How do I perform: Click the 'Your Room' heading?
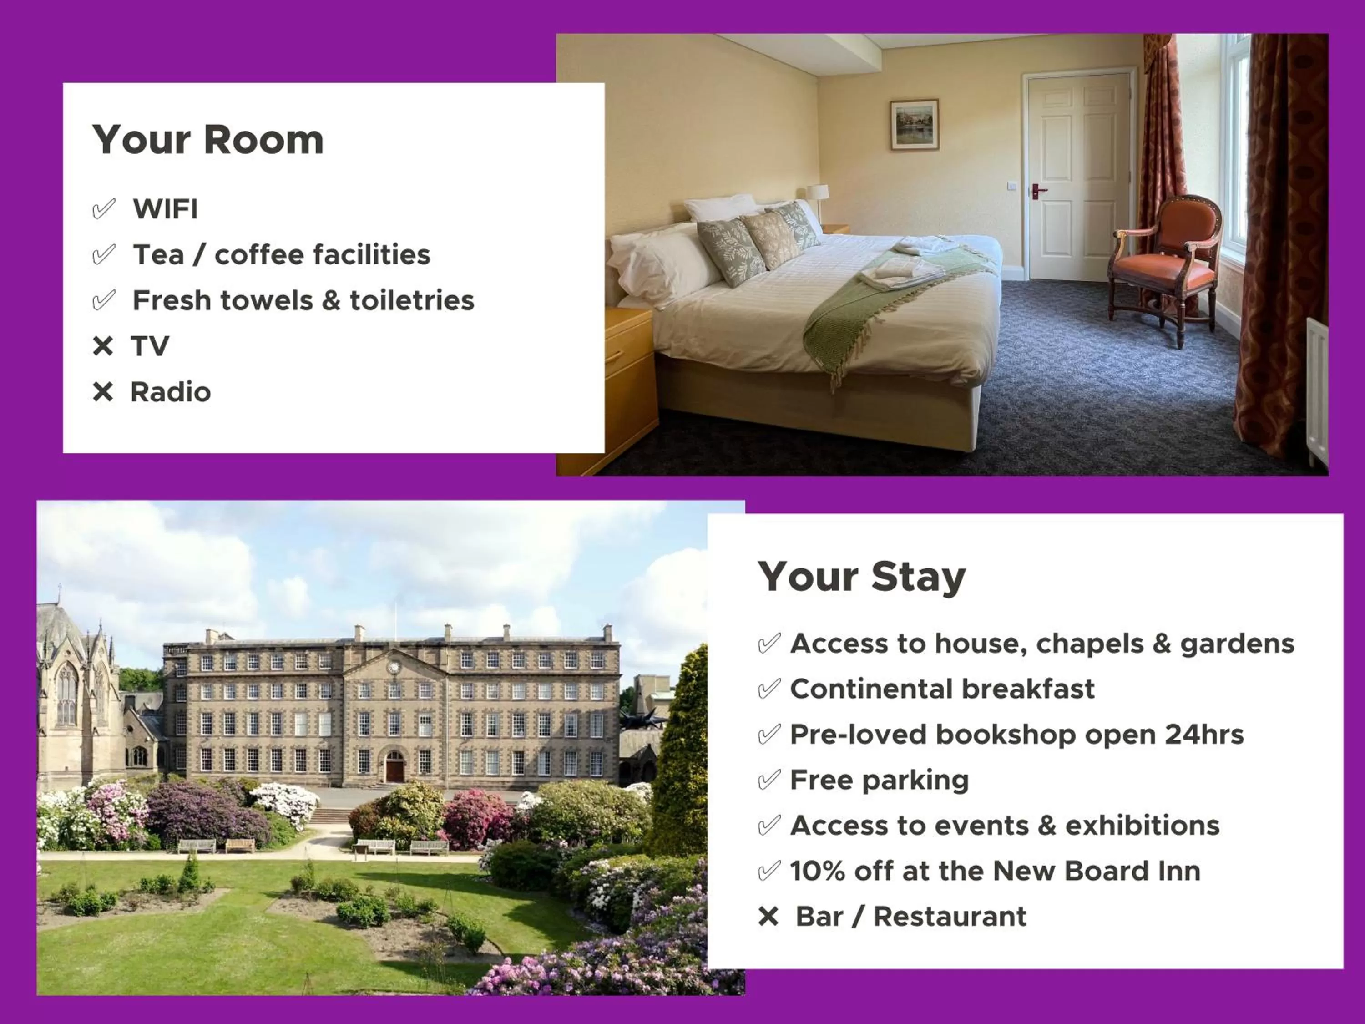(x=208, y=140)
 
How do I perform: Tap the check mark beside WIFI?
(x=104, y=209)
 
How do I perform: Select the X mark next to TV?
(x=103, y=346)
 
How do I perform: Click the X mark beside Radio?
(x=103, y=392)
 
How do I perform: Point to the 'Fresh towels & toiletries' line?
(x=303, y=300)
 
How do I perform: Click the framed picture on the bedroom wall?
(x=914, y=125)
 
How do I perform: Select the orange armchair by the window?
(x=1166, y=265)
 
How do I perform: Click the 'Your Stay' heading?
(x=861, y=577)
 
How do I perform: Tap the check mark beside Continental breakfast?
(x=769, y=689)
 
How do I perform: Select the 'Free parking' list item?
(x=880, y=780)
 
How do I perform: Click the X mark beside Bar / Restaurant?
(x=769, y=917)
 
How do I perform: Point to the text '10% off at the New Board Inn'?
(x=995, y=871)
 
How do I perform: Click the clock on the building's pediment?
(x=394, y=667)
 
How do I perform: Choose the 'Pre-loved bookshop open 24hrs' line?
(x=1016, y=735)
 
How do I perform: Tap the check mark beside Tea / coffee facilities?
(x=104, y=255)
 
